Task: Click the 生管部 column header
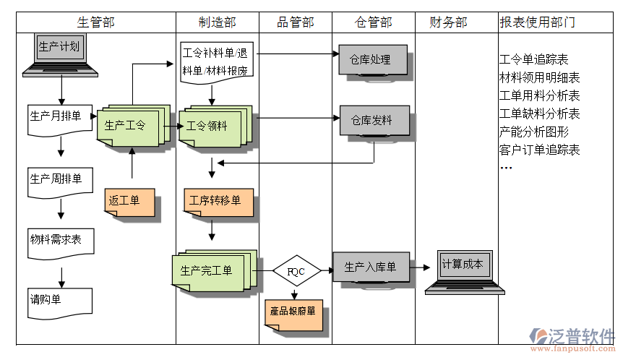click(95, 22)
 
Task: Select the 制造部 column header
click(217, 22)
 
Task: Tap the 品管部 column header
click(296, 22)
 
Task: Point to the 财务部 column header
click(448, 22)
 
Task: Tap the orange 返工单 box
click(127, 201)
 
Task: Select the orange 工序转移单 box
click(217, 201)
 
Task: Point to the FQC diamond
click(296, 270)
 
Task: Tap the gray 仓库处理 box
click(371, 60)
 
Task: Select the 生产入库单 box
click(371, 267)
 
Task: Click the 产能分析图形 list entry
click(534, 132)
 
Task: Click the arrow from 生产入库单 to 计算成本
click(421, 267)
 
